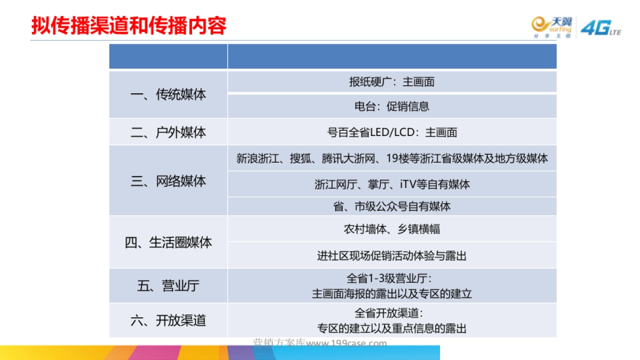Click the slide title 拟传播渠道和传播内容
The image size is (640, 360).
click(129, 25)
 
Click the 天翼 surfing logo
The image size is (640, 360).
click(551, 28)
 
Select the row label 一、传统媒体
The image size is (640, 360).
click(168, 95)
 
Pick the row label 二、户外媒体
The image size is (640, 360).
click(168, 132)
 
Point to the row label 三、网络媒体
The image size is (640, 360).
click(168, 181)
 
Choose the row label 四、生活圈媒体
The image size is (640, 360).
click(168, 243)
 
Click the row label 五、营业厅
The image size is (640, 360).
click(168, 286)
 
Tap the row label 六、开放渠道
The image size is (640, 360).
click(168, 321)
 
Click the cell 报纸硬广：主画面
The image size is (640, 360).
click(392, 82)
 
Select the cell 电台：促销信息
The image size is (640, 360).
click(392, 106)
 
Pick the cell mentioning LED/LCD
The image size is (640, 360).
click(392, 132)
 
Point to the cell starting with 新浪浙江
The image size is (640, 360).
click(392, 158)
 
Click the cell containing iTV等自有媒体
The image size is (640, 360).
click(392, 185)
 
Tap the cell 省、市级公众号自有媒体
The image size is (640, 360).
click(392, 206)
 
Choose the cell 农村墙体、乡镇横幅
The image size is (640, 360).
click(392, 229)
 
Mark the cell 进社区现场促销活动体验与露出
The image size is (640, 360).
click(392, 256)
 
